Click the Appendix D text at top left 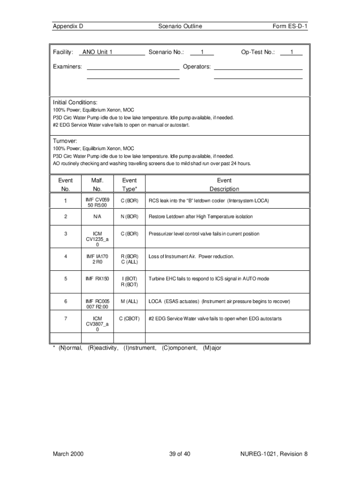pyautogui.click(x=68, y=26)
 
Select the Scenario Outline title pyautogui.click(x=180, y=26)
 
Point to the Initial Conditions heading pyautogui.click(x=75, y=102)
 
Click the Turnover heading pyautogui.click(x=65, y=141)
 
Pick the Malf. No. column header pyautogui.click(x=97, y=184)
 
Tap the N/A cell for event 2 pyautogui.click(x=97, y=217)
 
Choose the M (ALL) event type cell pyautogui.click(x=130, y=301)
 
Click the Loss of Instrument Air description pyautogui.click(x=191, y=256)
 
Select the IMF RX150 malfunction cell pyautogui.click(x=97, y=279)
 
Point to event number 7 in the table pyautogui.click(x=65, y=319)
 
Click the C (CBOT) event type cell pyautogui.click(x=130, y=319)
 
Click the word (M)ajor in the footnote pyautogui.click(x=212, y=348)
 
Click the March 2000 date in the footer pyautogui.click(x=68, y=454)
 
